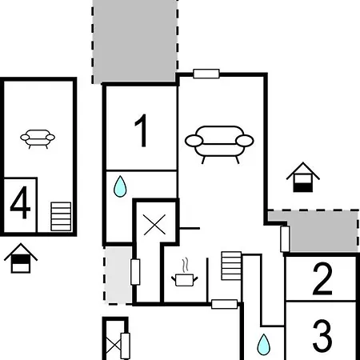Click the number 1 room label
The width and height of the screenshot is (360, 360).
point(142,130)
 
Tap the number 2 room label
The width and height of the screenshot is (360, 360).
point(322,278)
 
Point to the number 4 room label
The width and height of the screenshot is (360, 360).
point(20,202)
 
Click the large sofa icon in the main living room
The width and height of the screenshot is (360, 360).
point(219,144)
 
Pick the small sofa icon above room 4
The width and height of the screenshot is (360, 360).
point(38,138)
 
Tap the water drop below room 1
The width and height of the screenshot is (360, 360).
point(120,186)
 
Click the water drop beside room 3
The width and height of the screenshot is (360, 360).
point(263,345)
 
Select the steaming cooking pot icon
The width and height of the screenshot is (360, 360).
point(185,275)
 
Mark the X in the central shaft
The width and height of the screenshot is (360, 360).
point(154,225)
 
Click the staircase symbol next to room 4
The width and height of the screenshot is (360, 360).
point(61,217)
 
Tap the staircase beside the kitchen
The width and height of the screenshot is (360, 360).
point(231,266)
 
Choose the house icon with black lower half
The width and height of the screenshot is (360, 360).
point(303,177)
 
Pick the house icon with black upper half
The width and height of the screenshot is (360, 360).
point(21,258)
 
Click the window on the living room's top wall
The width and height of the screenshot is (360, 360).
point(206,74)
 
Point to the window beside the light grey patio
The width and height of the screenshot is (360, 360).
point(135,272)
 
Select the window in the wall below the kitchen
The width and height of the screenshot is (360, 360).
point(224,304)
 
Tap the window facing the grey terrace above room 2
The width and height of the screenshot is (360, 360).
point(285,239)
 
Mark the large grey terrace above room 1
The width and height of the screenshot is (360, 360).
point(134,42)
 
